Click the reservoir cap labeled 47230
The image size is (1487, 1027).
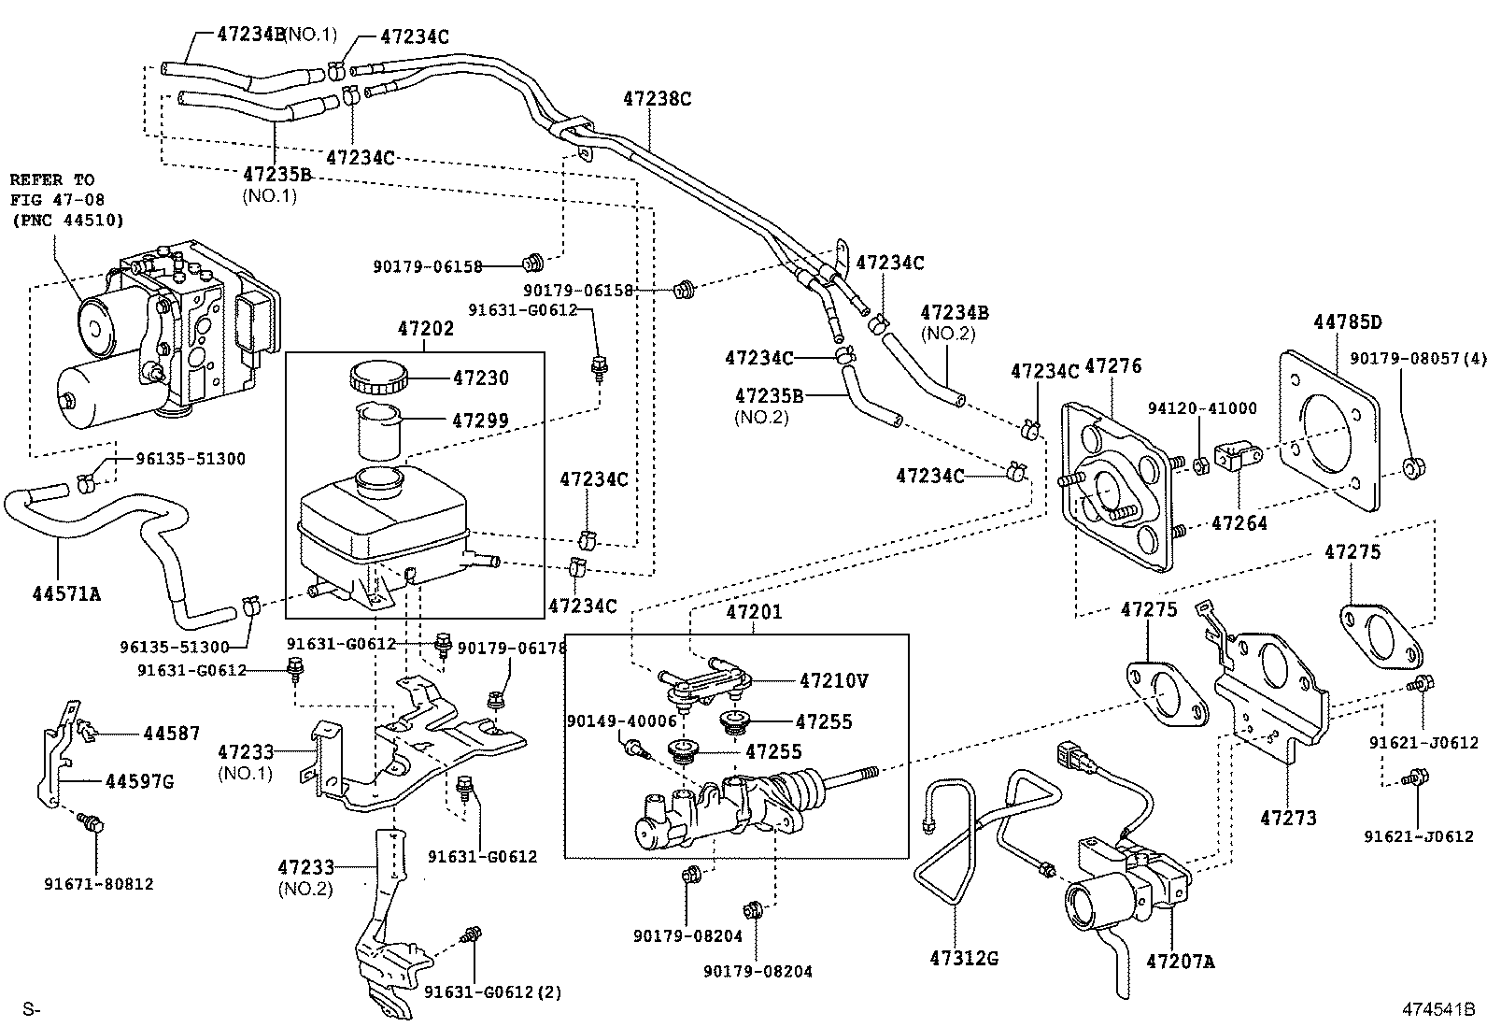pyautogui.click(x=378, y=378)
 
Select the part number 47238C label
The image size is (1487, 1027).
pyautogui.click(x=657, y=99)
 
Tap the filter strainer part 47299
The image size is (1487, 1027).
pyautogui.click(x=378, y=430)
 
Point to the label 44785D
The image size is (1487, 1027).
pyautogui.click(x=1347, y=323)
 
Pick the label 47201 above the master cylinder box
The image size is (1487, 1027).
pyautogui.click(x=754, y=613)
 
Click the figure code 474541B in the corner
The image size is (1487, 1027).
pyautogui.click(x=1437, y=1009)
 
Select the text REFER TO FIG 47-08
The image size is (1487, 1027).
pyautogui.click(x=56, y=190)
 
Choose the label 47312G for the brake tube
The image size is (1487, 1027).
pyautogui.click(x=964, y=958)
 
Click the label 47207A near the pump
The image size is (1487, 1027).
pyautogui.click(x=1180, y=961)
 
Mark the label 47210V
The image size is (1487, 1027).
pyautogui.click(x=833, y=680)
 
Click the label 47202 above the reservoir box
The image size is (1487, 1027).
pyautogui.click(x=426, y=329)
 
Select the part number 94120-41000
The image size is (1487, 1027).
pyautogui.click(x=1202, y=408)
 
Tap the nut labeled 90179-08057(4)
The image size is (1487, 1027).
pyautogui.click(x=1413, y=466)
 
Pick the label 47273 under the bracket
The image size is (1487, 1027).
pyautogui.click(x=1288, y=819)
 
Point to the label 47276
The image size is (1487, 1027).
pyautogui.click(x=1113, y=366)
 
